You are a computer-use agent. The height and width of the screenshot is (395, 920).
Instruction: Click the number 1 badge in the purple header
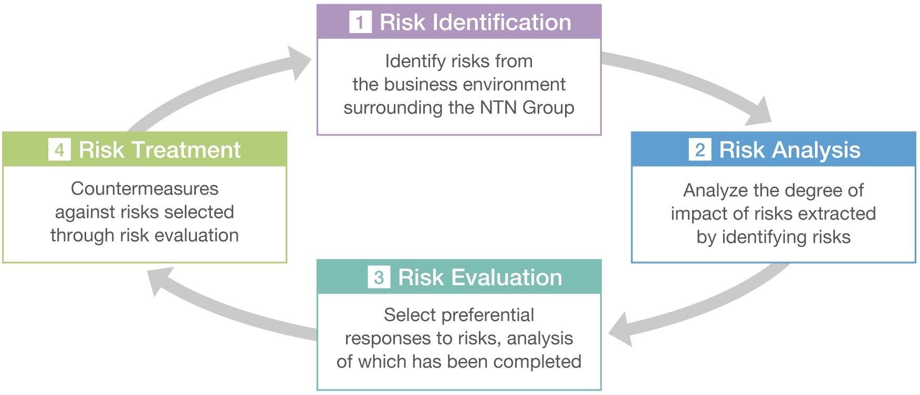pos(360,23)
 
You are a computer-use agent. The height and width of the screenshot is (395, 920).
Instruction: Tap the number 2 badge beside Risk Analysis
pos(700,150)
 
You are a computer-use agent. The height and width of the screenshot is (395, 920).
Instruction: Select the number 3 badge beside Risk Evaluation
pos(379,277)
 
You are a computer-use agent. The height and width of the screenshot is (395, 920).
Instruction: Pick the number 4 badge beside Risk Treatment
pos(59,150)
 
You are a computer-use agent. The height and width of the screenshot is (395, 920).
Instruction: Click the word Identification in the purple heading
pos(501,23)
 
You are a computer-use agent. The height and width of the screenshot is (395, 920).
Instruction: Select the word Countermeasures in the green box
pos(144,189)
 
